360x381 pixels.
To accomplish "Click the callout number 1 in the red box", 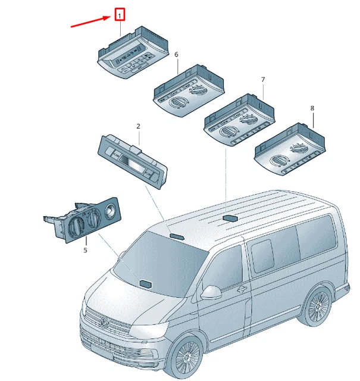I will pos(120,14).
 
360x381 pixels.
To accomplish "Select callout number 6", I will pos(176,55).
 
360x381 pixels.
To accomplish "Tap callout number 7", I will pos(262,79).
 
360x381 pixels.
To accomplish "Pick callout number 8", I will pos(312,108).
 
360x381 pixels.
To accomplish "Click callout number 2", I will pos(138,126).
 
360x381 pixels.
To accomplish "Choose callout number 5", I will pos(85,250).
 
